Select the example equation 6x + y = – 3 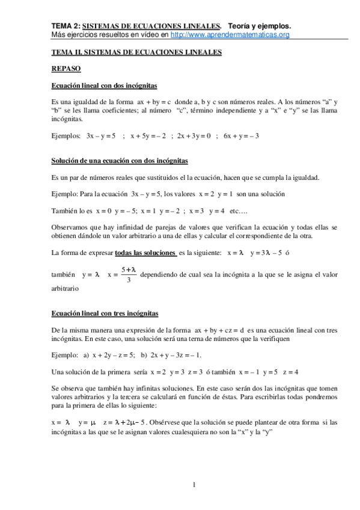(x=241, y=136)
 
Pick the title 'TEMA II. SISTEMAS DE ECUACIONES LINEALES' (x=137, y=52)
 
